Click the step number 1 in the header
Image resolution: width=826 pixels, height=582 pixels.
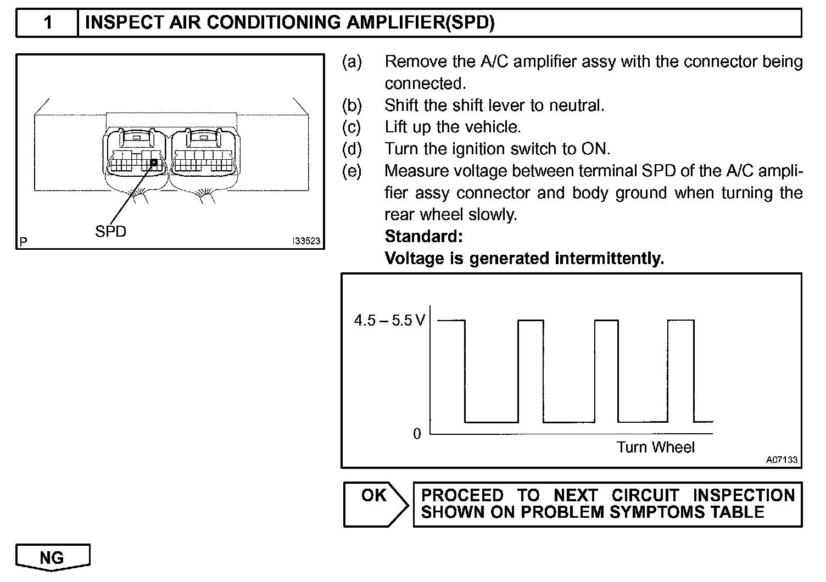coord(48,23)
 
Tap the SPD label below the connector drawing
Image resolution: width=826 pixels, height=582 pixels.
coord(110,231)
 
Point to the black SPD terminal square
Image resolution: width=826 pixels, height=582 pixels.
coord(154,162)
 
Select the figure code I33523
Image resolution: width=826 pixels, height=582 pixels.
coord(306,241)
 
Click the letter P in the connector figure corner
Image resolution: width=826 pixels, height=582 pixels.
coord(23,241)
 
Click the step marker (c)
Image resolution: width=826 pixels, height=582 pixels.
coord(351,127)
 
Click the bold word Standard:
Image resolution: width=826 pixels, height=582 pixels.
coord(423,237)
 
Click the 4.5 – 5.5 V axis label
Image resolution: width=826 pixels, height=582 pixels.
coord(389,320)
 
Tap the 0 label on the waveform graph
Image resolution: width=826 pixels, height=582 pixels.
coord(417,434)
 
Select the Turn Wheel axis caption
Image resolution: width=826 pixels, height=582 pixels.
coord(655,447)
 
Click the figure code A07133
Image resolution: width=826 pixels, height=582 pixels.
coord(782,460)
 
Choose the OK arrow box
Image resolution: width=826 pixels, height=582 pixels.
coord(376,504)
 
